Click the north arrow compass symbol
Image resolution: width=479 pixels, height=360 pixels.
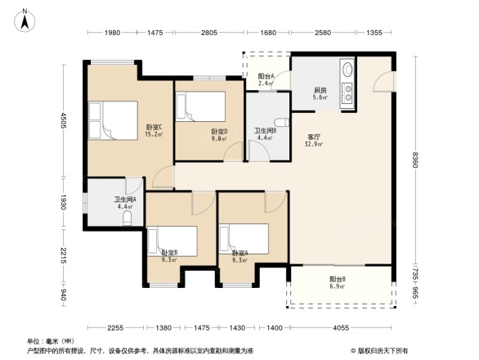click(x=25, y=19)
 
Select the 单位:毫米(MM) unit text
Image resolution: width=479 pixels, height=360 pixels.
click(x=51, y=340)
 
